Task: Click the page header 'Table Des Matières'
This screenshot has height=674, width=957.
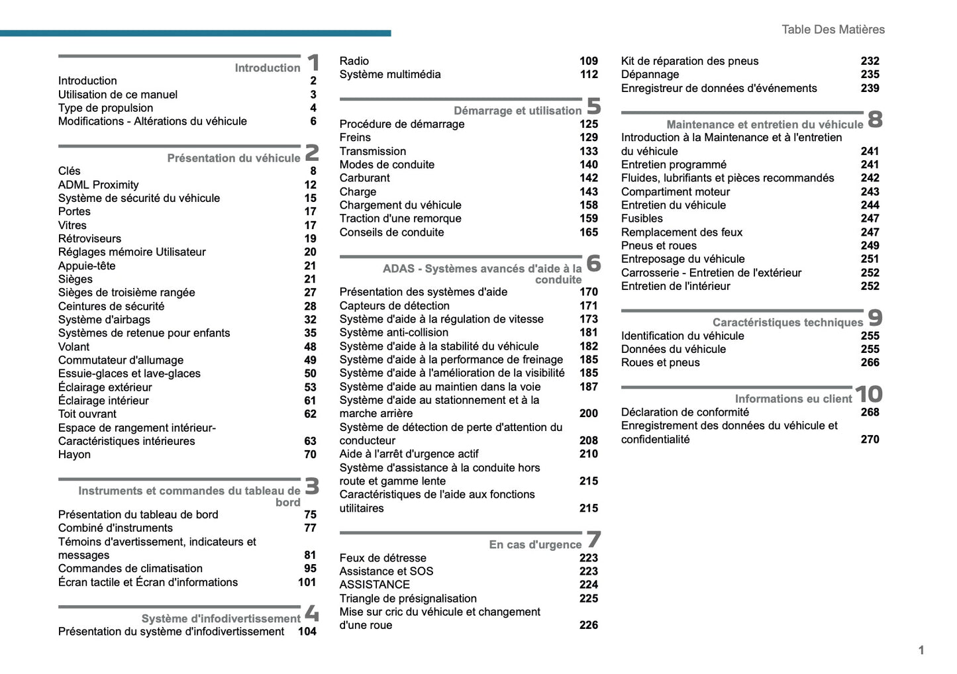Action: (x=832, y=29)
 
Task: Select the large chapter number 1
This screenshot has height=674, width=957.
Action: (x=313, y=64)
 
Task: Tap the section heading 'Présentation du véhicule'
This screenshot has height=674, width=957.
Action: (x=233, y=158)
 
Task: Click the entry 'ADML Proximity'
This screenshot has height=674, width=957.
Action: (x=98, y=185)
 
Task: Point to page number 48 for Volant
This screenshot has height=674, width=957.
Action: (x=310, y=347)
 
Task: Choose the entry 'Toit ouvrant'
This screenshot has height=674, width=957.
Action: (x=87, y=414)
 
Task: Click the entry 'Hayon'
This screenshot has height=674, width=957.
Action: (x=74, y=454)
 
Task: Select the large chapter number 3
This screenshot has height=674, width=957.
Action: (x=312, y=487)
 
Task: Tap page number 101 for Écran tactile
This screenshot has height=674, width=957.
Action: (x=307, y=582)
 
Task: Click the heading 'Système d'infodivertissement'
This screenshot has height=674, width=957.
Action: (x=221, y=618)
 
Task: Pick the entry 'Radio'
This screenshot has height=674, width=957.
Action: (x=354, y=61)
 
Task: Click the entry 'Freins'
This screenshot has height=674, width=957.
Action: (x=355, y=137)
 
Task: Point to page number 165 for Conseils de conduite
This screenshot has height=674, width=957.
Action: (x=588, y=232)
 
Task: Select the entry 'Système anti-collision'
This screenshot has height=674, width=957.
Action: (x=393, y=332)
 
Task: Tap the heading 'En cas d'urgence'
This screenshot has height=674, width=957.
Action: (x=535, y=544)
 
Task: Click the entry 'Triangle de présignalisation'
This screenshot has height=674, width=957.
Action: (x=408, y=599)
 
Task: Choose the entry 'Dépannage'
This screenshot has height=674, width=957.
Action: (x=650, y=74)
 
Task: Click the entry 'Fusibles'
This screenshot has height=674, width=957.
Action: (x=642, y=218)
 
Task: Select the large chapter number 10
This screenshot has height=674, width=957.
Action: (x=868, y=395)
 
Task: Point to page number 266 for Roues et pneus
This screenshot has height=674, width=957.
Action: (x=870, y=363)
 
